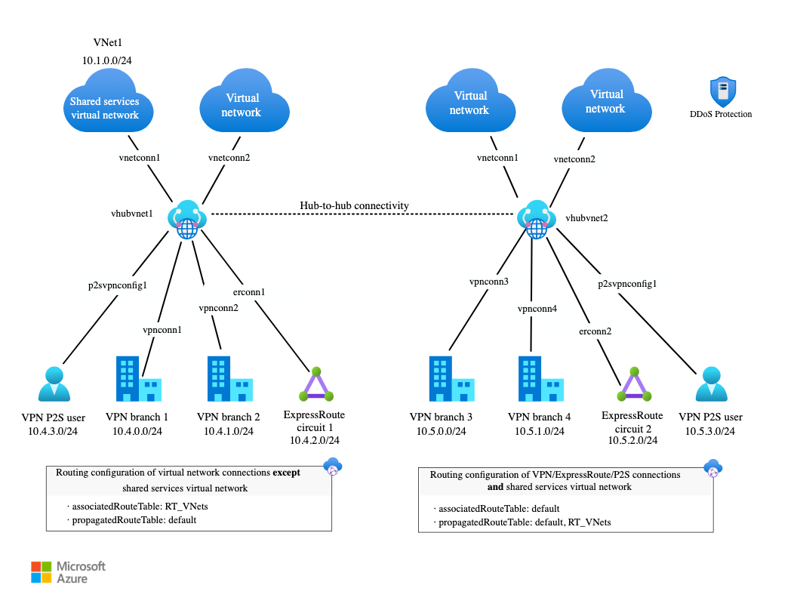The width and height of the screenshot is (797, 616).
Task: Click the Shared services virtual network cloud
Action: coord(108,102)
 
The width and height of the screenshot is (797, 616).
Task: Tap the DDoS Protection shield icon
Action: coord(722,91)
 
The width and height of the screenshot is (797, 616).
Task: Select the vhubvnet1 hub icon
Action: coord(187,219)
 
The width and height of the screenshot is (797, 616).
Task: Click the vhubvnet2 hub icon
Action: coord(537,219)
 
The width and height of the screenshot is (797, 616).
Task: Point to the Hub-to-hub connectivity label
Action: coord(354,205)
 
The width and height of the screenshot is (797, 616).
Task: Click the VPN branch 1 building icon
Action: coord(139,379)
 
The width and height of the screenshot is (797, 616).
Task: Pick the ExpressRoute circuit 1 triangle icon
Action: coord(316,384)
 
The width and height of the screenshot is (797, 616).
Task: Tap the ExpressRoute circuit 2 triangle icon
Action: coord(634,384)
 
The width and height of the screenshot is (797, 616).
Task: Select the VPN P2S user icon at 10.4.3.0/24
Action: coord(54,384)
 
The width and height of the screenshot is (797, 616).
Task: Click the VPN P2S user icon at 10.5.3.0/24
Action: coord(711,384)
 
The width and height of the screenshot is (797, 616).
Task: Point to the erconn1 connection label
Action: coord(249,292)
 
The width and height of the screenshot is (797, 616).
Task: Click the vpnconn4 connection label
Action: coord(537,309)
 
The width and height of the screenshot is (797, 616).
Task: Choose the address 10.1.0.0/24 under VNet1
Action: coord(106,60)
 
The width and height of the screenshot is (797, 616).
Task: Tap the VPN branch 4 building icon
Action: coord(541,379)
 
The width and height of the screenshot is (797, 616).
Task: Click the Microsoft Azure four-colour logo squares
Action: coord(42,572)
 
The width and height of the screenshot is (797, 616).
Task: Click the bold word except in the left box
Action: coord(286,473)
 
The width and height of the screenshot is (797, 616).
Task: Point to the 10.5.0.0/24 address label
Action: coord(442,432)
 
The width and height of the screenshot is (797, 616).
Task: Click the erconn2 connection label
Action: coord(595,331)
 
